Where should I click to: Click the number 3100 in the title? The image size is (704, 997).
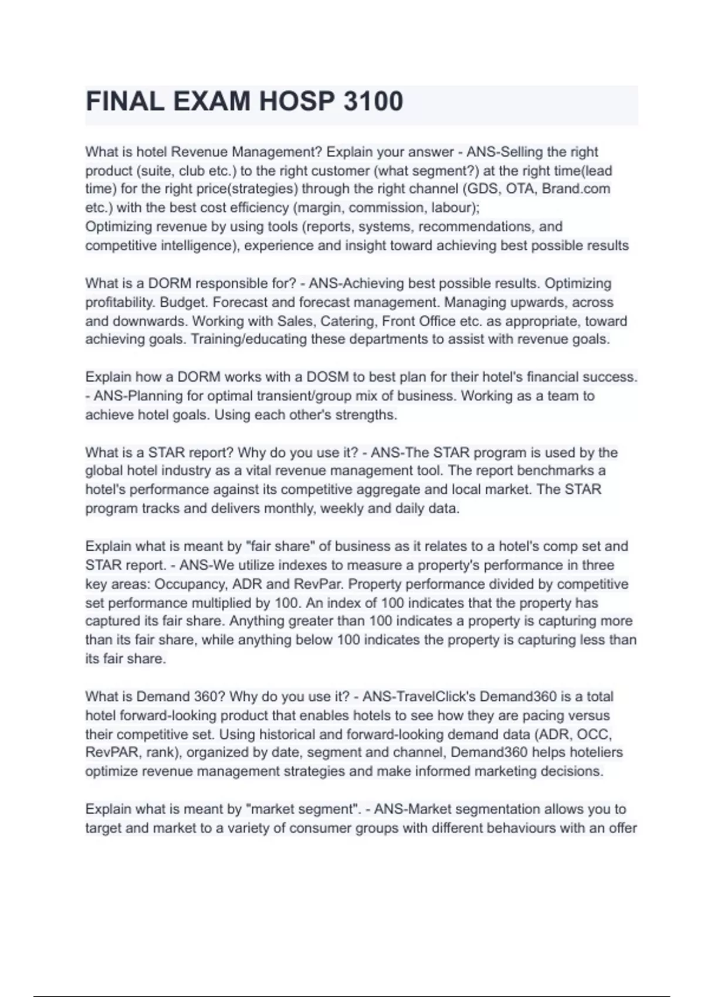pos(373,101)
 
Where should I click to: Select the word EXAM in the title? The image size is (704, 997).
pos(211,101)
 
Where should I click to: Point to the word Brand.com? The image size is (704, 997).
pos(576,189)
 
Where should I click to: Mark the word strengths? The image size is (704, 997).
pos(367,415)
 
